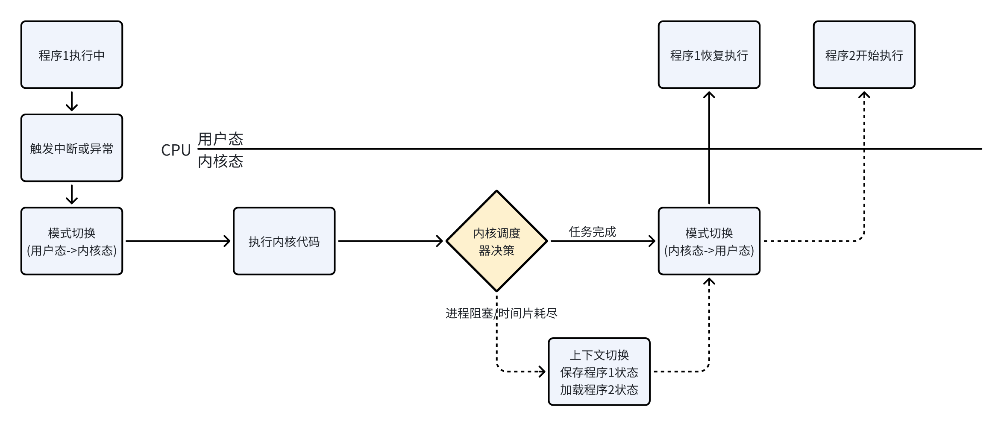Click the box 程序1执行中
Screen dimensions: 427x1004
click(72, 55)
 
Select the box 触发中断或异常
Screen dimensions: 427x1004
click(72, 148)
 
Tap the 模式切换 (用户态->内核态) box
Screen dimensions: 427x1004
click(72, 241)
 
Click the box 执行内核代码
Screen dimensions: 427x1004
click(284, 241)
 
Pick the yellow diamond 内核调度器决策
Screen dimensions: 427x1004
click(496, 241)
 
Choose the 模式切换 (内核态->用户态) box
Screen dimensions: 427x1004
click(709, 241)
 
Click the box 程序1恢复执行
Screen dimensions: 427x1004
click(709, 55)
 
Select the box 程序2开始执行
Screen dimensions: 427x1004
click(864, 55)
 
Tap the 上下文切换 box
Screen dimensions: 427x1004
click(599, 371)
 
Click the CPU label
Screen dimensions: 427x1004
click(176, 150)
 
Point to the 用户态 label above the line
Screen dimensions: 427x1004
click(220, 139)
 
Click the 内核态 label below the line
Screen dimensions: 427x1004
click(220, 161)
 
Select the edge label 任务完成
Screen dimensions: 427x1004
click(592, 232)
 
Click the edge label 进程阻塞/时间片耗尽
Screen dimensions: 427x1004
click(501, 313)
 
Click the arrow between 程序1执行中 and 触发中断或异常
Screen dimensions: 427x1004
click(72, 102)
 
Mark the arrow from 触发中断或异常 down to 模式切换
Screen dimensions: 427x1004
click(72, 195)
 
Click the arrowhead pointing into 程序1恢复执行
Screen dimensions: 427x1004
click(709, 95)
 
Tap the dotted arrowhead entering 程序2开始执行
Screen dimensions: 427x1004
click(864, 95)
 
